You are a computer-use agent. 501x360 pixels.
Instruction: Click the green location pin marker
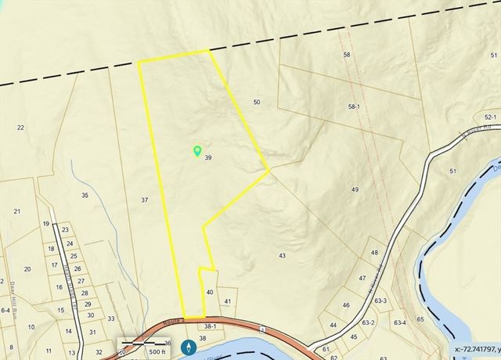(x=197, y=150)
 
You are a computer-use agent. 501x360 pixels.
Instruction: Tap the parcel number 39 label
(x=208, y=158)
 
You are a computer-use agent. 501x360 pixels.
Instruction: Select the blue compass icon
(x=189, y=347)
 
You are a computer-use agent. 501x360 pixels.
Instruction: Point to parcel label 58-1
(x=354, y=106)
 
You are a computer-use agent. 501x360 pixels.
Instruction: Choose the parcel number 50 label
(x=257, y=103)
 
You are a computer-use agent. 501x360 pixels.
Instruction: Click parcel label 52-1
(x=469, y=115)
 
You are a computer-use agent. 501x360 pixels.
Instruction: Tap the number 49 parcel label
(x=355, y=190)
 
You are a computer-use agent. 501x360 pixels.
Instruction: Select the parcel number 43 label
(x=282, y=256)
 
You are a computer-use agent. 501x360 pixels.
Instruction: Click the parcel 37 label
(x=144, y=200)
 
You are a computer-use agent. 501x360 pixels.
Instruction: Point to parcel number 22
(x=20, y=128)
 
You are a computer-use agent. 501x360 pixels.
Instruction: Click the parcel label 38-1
(x=209, y=326)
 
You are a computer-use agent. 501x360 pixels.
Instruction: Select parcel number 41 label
(x=228, y=301)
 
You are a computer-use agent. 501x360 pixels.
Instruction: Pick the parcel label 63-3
(x=381, y=300)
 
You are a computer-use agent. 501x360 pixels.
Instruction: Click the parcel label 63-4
(x=400, y=322)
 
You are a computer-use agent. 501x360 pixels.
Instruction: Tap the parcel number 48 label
(x=374, y=253)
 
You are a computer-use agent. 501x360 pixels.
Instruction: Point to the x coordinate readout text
(x=478, y=349)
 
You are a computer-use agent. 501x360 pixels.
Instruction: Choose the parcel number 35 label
(x=85, y=195)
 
